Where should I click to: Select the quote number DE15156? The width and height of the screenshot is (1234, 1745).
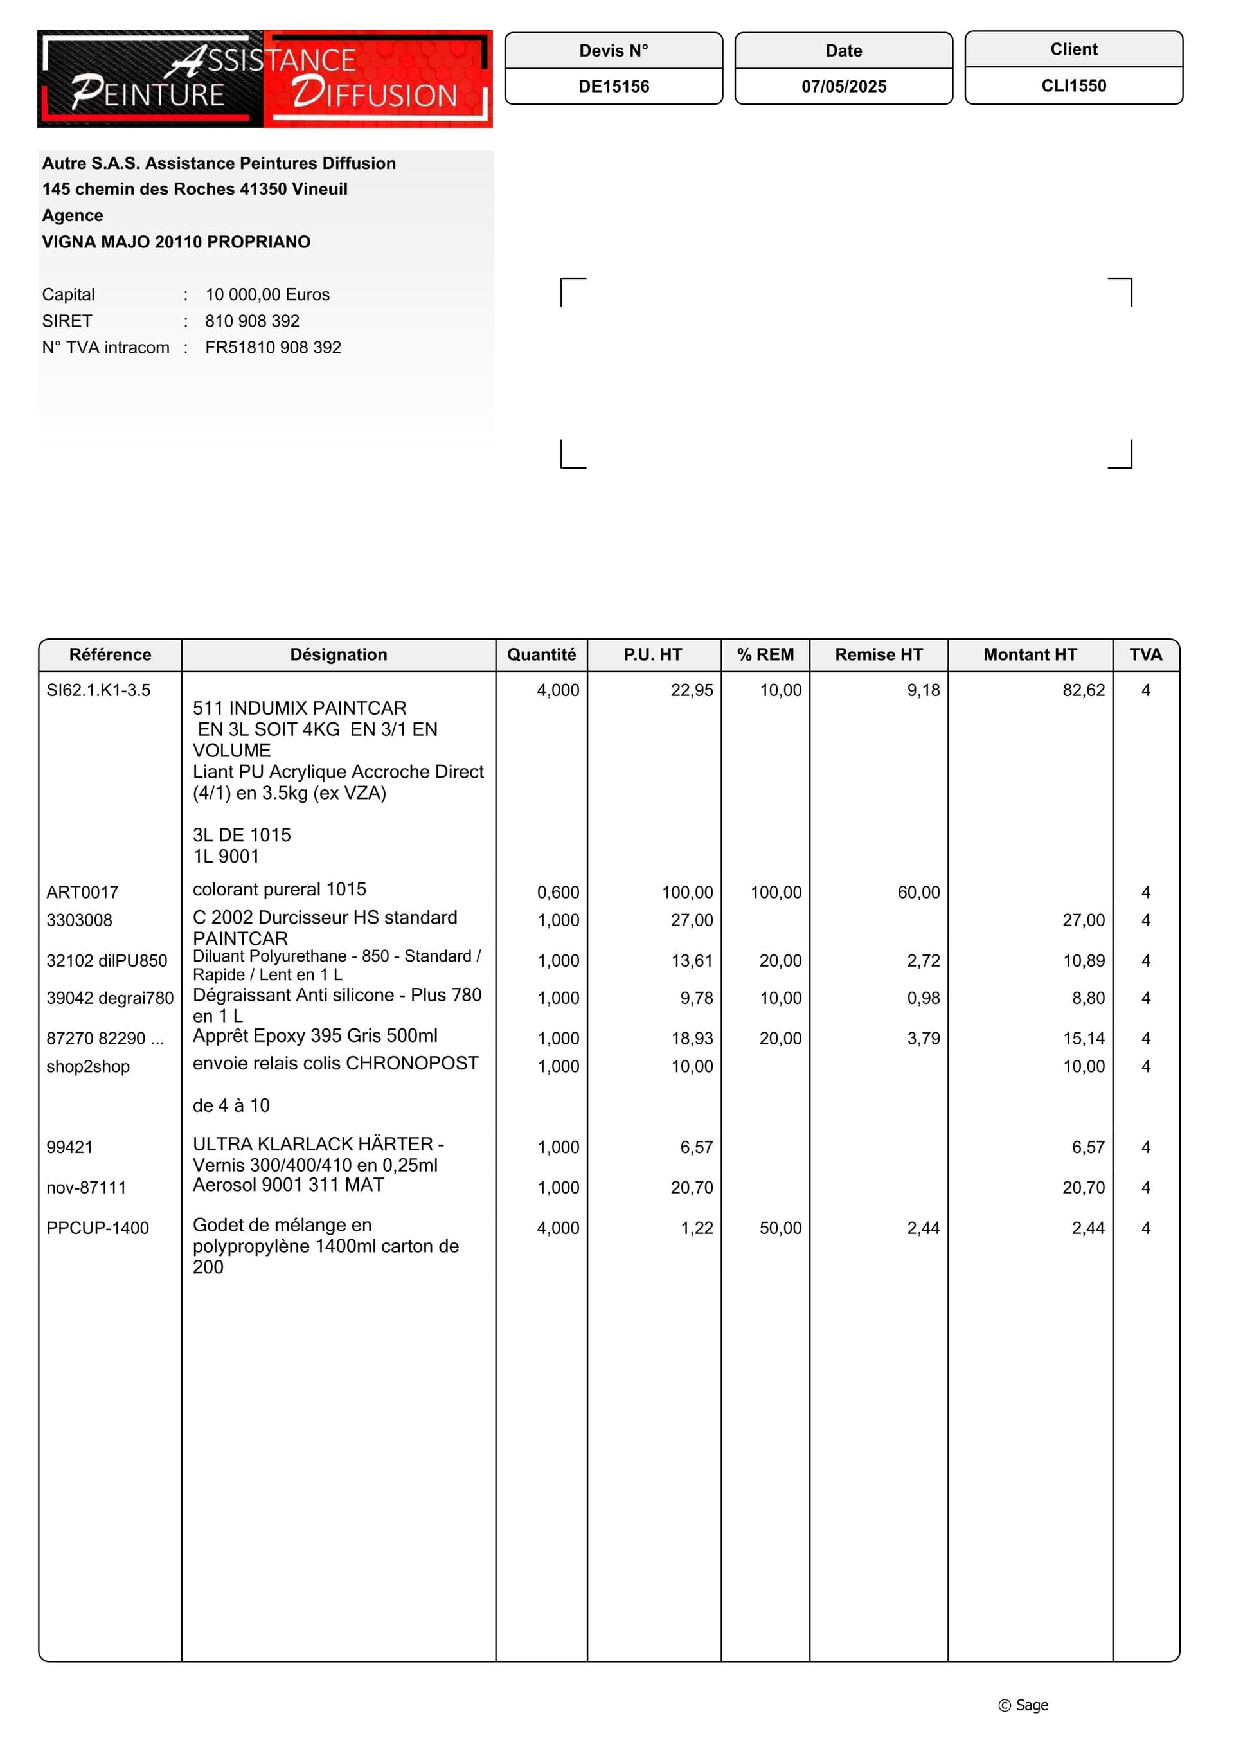[x=613, y=87]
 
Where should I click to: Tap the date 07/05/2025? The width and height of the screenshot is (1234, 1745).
[x=843, y=87]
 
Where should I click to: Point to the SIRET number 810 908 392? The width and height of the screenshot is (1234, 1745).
[x=253, y=321]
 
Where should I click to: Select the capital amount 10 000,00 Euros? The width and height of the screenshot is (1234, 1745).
[x=267, y=294]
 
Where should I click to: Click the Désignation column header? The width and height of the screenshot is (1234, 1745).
[x=338, y=654]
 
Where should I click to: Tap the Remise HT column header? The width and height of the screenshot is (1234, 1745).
[x=879, y=654]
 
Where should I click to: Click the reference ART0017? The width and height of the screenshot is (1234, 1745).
[x=82, y=892]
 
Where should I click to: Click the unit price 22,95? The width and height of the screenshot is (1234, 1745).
[x=692, y=690]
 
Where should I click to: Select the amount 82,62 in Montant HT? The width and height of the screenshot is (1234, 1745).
[x=1083, y=690]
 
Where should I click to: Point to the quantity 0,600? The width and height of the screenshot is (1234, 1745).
[x=558, y=892]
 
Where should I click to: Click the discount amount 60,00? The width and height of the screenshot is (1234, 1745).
[x=918, y=892]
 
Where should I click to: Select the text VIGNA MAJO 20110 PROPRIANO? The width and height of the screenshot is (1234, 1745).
[x=176, y=242]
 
